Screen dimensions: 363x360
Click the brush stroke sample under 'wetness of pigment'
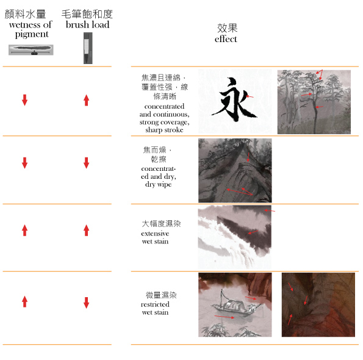coord(31,50)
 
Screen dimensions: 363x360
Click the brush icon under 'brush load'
coord(88,48)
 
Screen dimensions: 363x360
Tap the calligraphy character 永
coord(234,99)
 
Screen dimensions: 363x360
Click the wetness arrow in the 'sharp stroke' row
coord(25,100)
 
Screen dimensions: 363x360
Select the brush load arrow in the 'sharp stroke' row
coord(87,100)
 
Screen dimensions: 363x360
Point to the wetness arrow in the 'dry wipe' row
coord(25,163)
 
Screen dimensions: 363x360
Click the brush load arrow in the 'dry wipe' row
coord(87,163)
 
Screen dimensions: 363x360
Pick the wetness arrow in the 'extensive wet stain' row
coord(25,230)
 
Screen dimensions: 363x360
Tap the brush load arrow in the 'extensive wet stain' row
coord(87,230)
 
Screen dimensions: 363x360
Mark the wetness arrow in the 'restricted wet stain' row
coord(25,301)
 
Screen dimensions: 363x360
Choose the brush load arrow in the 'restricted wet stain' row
coord(87,303)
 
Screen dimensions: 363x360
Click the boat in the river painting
coord(236,304)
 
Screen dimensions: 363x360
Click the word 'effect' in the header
coord(226,39)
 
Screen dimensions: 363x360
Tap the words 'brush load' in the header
coord(87,24)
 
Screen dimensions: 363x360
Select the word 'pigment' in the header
coord(32,34)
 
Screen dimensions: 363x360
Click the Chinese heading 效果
coord(227,28)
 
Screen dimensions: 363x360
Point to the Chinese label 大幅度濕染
coord(161,224)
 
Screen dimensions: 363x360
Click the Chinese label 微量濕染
coord(161,295)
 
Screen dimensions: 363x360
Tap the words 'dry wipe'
coord(159,184)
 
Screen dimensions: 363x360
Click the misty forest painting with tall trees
coord(314,102)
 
